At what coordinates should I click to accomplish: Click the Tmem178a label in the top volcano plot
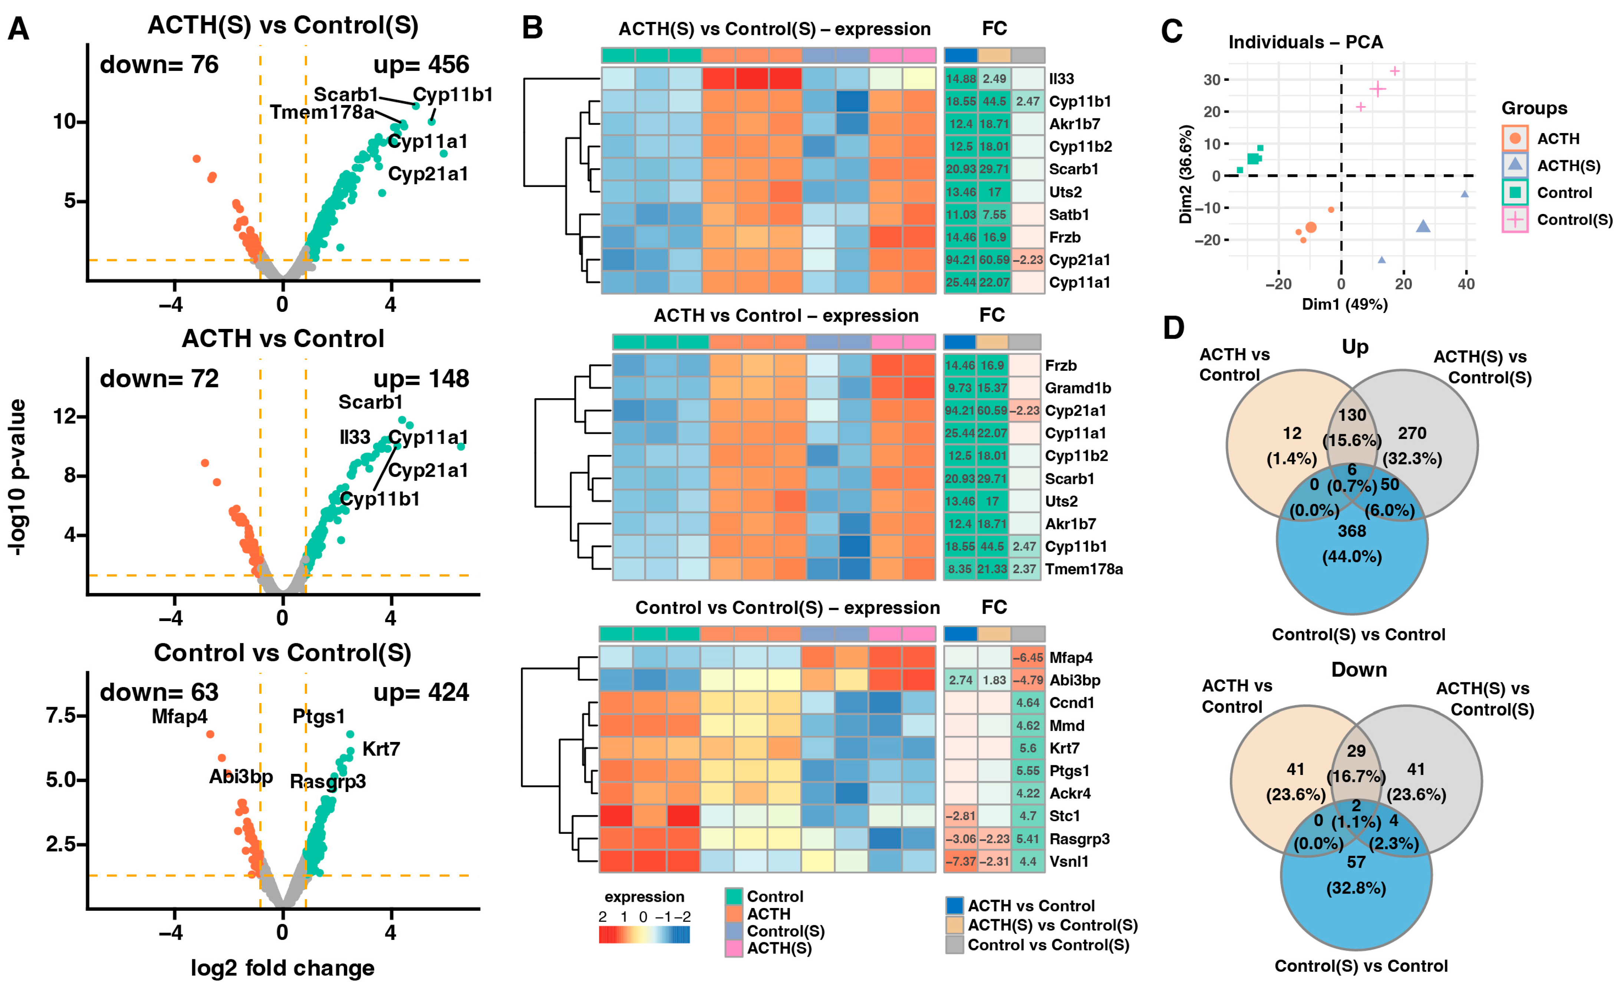click(x=322, y=112)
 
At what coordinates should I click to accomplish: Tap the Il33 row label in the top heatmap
click(x=1061, y=79)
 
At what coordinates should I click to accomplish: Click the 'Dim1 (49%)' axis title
click(x=1344, y=304)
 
